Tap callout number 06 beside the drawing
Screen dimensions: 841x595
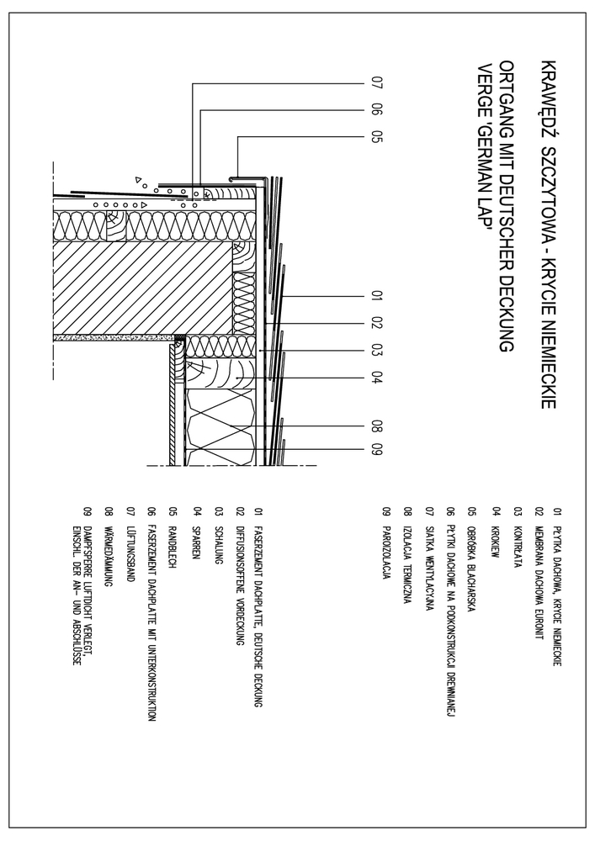pyautogui.click(x=377, y=109)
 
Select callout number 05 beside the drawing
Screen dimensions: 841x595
pyautogui.click(x=377, y=135)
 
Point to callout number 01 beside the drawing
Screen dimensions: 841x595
pyautogui.click(x=377, y=296)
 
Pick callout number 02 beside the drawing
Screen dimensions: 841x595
pyautogui.click(x=377, y=322)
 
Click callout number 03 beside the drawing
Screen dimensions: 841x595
pyautogui.click(x=377, y=349)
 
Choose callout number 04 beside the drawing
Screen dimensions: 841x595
pyautogui.click(x=377, y=376)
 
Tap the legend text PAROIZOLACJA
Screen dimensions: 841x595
pyautogui.click(x=385, y=543)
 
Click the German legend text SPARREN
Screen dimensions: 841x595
pyautogui.click(x=195, y=529)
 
